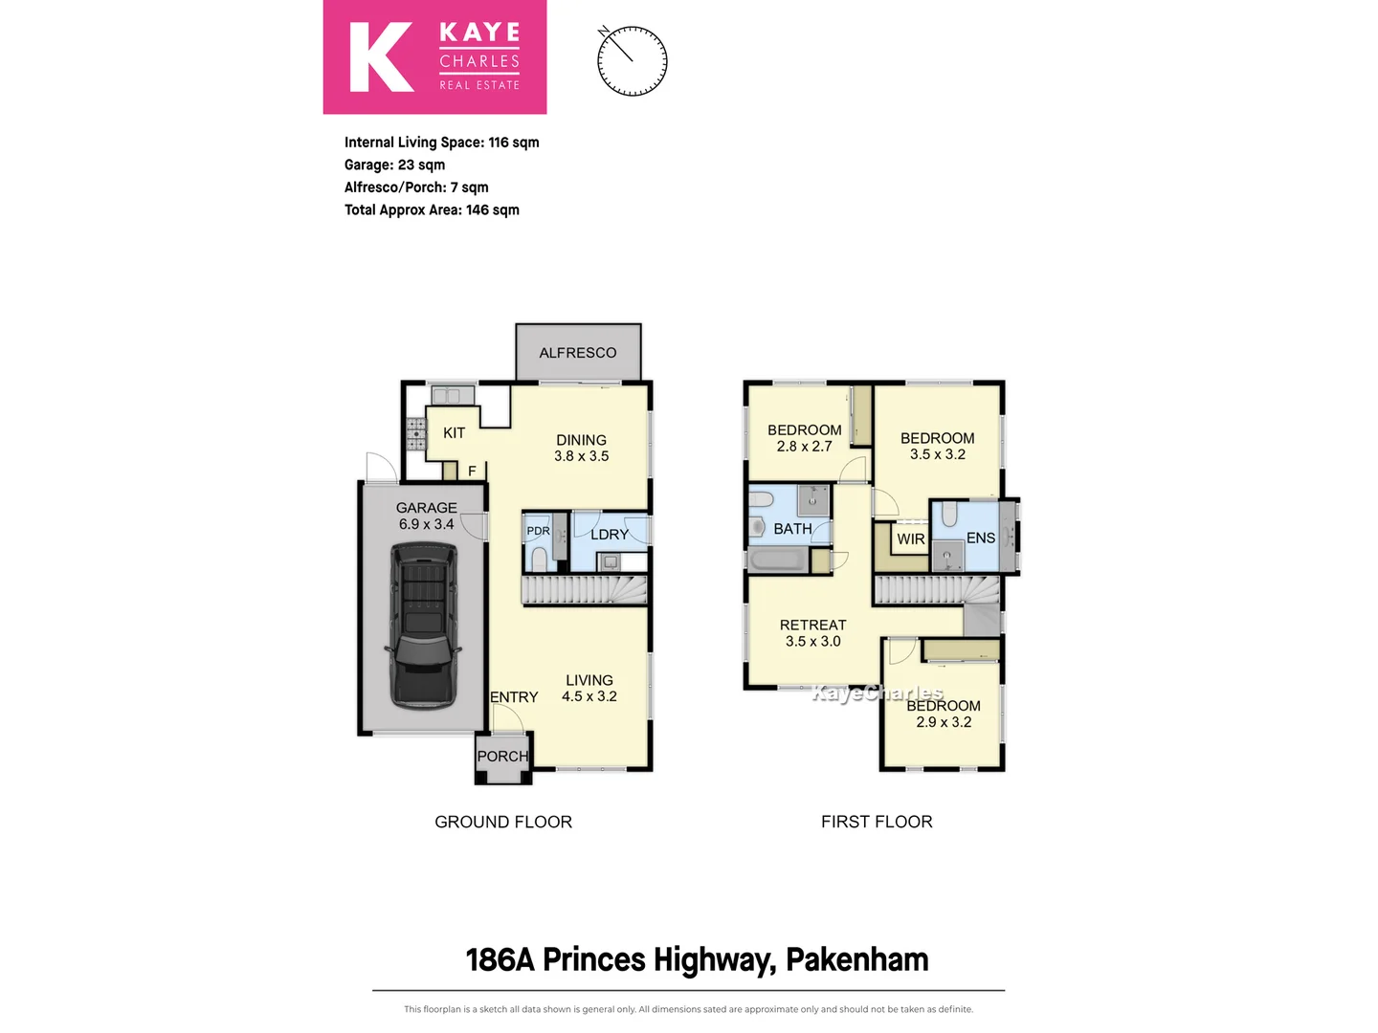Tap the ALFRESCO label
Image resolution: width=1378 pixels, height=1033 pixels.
click(x=578, y=353)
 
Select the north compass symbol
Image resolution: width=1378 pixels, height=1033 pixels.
click(x=632, y=61)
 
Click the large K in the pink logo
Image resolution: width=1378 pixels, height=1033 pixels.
click(x=380, y=57)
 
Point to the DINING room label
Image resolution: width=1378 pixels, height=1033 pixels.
click(x=581, y=440)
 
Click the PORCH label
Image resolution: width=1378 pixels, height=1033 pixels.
click(x=502, y=757)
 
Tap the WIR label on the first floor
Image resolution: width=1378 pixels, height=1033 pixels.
click(x=911, y=539)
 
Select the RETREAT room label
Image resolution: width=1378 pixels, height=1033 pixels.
click(x=812, y=626)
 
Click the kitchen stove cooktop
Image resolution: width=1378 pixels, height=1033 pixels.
click(x=416, y=433)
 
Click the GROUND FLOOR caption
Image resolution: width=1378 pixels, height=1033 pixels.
click(x=503, y=822)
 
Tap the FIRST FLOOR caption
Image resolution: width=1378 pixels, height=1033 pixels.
click(x=877, y=822)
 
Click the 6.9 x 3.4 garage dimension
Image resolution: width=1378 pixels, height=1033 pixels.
click(x=426, y=524)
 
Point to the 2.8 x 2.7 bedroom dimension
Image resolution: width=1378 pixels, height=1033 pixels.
click(x=804, y=447)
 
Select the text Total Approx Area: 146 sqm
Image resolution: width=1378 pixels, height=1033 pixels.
click(x=432, y=210)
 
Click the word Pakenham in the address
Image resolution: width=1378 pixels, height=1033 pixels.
click(x=856, y=959)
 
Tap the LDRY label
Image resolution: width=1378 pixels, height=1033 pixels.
click(x=610, y=535)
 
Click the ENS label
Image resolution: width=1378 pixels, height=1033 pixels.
click(x=981, y=538)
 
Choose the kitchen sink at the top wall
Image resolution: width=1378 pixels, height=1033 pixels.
click(x=452, y=395)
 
